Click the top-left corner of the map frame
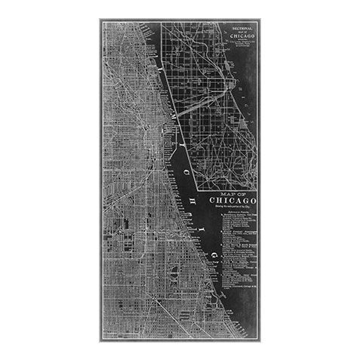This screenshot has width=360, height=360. pos(101,20)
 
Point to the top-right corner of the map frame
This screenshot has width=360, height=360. pos(259,20)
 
